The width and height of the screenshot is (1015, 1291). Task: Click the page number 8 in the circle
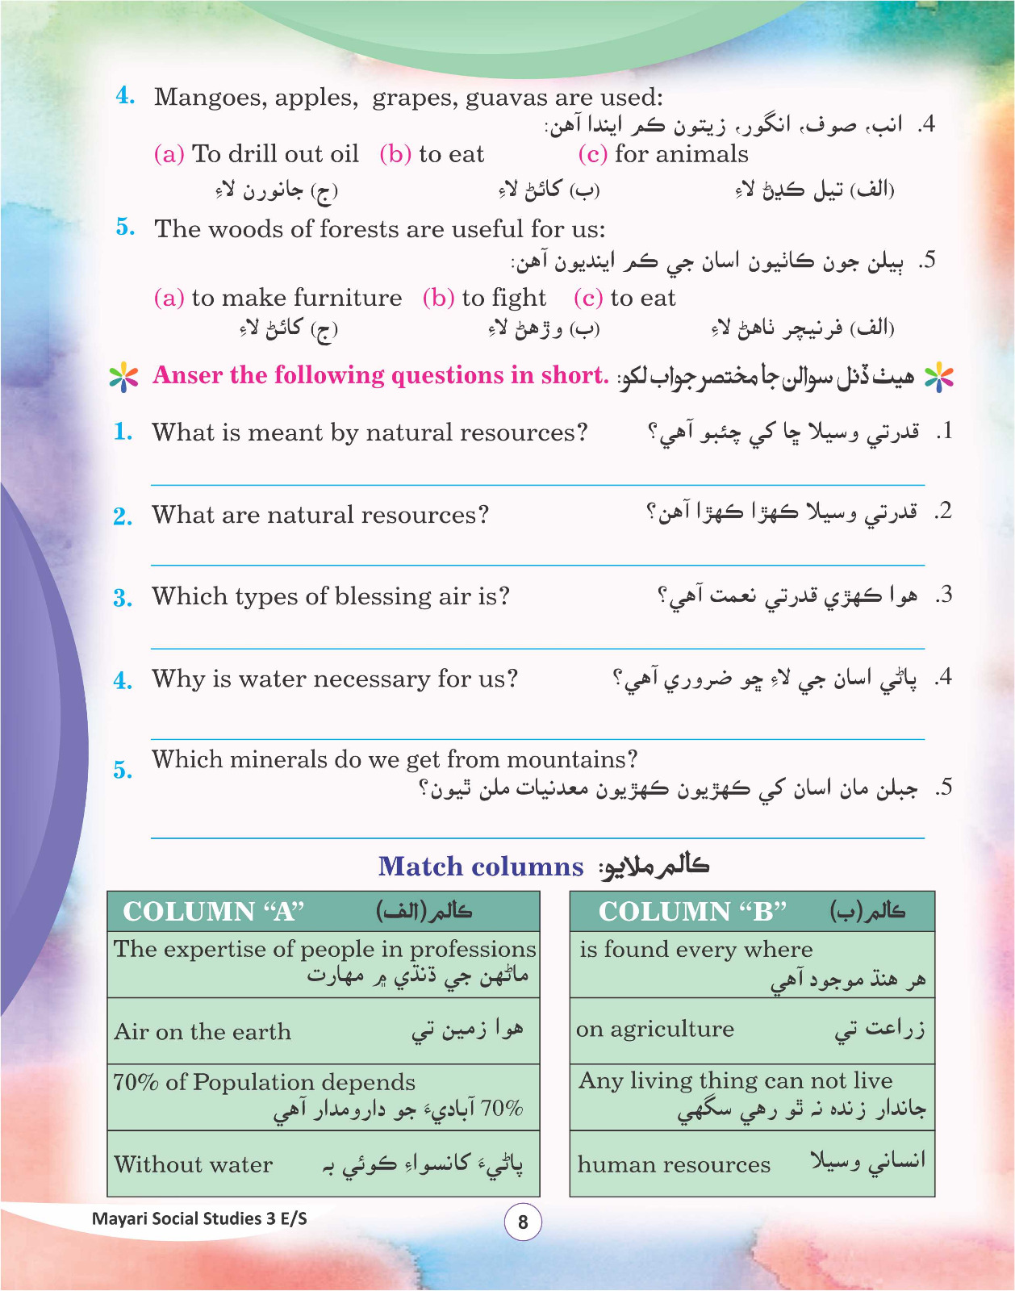(x=523, y=1222)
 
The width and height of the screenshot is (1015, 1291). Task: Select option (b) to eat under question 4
(x=432, y=154)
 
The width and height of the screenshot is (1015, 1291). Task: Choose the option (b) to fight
(x=484, y=298)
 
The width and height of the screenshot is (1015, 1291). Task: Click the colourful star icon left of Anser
(x=123, y=376)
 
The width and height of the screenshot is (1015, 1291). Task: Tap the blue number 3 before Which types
(x=122, y=598)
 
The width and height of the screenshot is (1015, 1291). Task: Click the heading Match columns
(x=481, y=867)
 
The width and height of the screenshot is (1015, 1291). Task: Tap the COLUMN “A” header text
(x=213, y=912)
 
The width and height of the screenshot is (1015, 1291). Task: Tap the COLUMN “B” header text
(x=691, y=912)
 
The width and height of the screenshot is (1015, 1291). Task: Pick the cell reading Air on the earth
(x=203, y=1032)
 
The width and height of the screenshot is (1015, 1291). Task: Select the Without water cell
(x=194, y=1165)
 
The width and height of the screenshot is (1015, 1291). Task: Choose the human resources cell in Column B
(x=674, y=1165)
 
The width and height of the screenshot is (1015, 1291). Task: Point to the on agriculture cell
(x=655, y=1030)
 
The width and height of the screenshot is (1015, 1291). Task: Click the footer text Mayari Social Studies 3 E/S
(x=199, y=1218)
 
